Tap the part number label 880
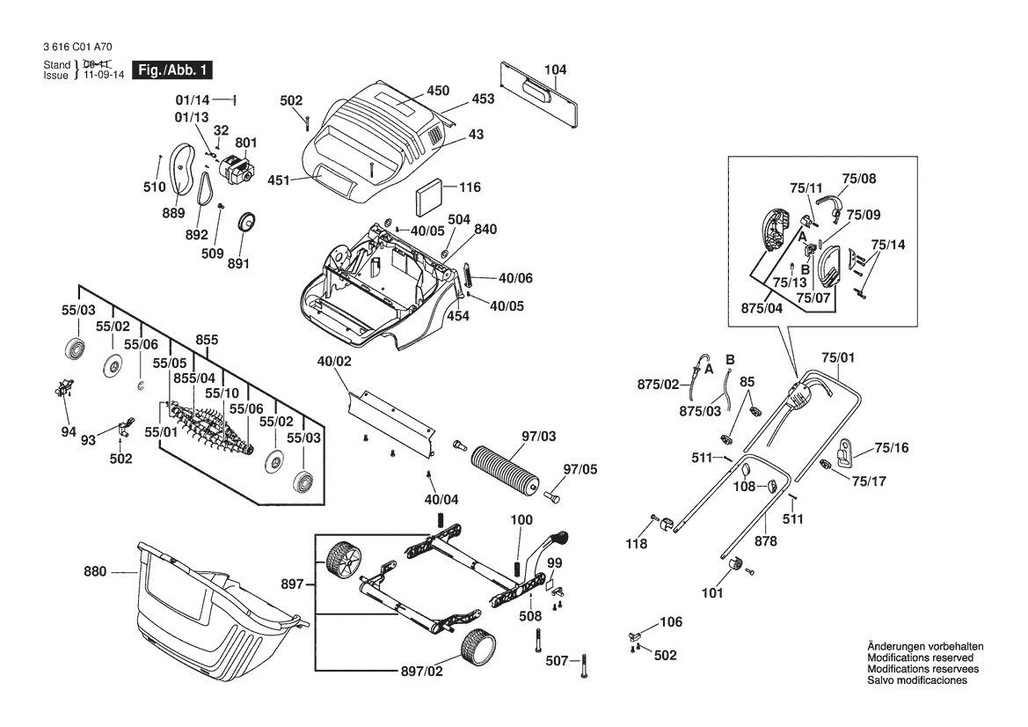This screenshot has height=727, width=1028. pos(96,572)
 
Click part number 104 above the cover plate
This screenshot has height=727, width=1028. pos(555,70)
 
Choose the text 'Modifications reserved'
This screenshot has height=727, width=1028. pos(920,657)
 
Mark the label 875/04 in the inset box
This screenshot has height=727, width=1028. pos(761,308)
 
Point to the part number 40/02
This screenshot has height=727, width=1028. pos(334,361)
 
